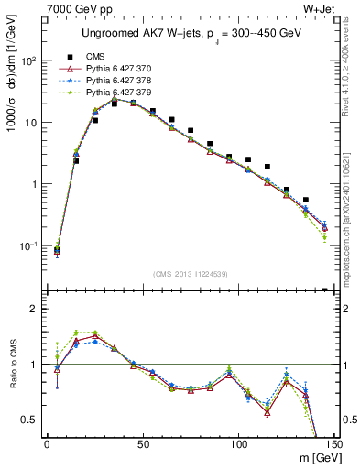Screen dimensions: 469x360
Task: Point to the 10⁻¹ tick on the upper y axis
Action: click(28, 246)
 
